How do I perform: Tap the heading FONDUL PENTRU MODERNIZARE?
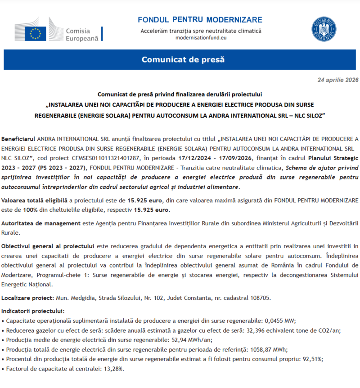pyautogui.click(x=200, y=20)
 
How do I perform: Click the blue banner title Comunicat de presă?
pyautogui.click(x=183, y=59)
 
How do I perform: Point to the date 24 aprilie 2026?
pyautogui.click(x=337, y=80)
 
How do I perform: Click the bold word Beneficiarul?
pyautogui.click(x=18, y=138)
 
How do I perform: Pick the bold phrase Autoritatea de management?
pyautogui.click(x=41, y=223)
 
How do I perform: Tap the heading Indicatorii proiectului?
pyautogui.click(x=33, y=311)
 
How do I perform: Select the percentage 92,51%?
pyautogui.click(x=312, y=359)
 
